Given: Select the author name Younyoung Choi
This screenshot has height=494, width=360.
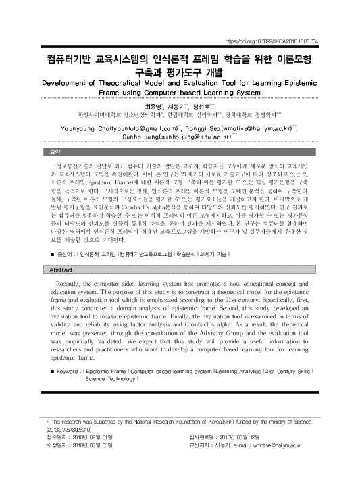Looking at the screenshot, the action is pos(81,126).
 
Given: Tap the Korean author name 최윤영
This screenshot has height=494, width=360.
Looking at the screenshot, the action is pos(155,106).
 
